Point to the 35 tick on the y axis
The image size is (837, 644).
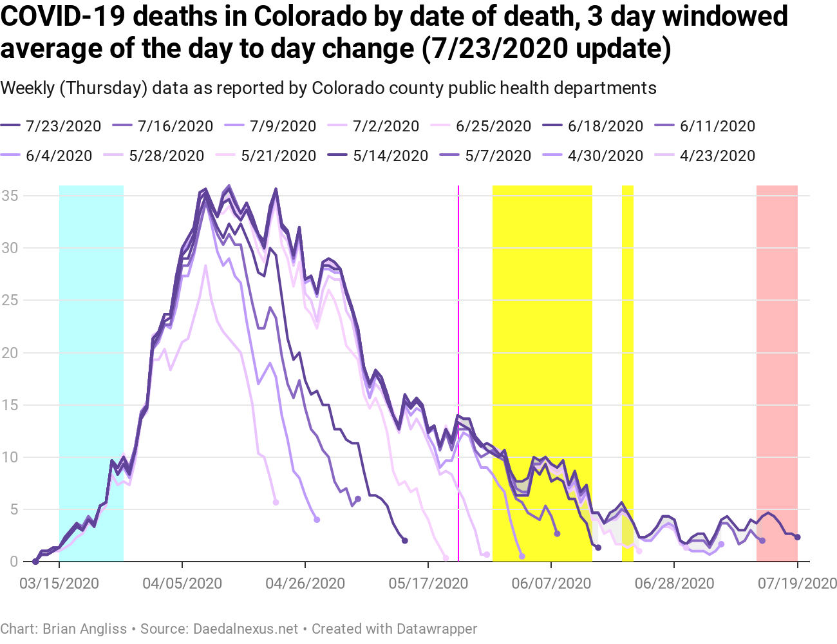coord(11,196)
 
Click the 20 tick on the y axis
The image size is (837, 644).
coord(11,353)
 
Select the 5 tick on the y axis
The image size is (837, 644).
coord(14,509)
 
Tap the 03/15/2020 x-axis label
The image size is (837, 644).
coord(59,583)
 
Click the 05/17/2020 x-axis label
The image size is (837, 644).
coord(428,583)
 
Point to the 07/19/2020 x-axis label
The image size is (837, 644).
coord(797,583)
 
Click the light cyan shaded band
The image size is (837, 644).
coord(91,374)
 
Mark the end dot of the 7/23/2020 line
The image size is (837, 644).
coord(797,537)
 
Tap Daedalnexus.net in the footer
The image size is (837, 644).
coord(246,629)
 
